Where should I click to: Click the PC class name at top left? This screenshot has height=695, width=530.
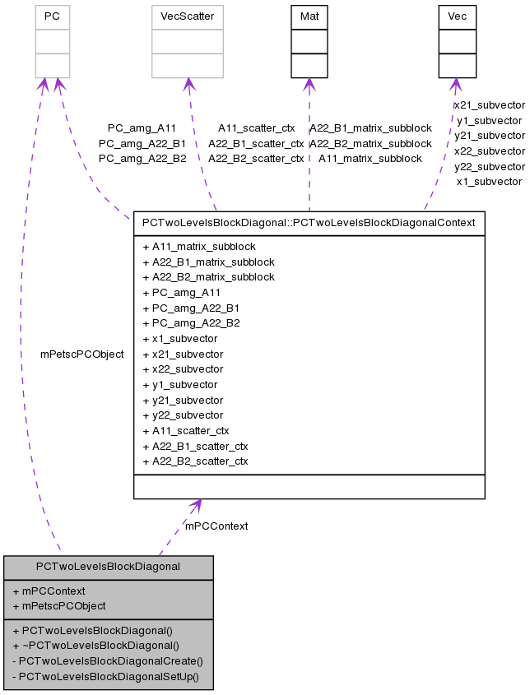tap(52, 16)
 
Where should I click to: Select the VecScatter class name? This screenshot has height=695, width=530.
tap(187, 16)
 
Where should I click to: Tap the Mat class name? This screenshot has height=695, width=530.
tap(309, 16)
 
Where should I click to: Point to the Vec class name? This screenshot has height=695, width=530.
tap(457, 16)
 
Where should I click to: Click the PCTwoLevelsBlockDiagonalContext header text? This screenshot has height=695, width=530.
tap(309, 222)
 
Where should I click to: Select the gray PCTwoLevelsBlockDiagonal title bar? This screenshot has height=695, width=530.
tap(108, 567)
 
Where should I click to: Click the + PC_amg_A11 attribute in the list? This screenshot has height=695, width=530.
tap(181, 292)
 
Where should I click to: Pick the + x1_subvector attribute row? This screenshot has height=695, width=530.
tap(179, 338)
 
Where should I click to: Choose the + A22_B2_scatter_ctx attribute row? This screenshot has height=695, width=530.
tap(195, 461)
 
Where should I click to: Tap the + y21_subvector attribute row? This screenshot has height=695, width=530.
tap(182, 400)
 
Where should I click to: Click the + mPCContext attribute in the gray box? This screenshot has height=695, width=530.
tap(49, 591)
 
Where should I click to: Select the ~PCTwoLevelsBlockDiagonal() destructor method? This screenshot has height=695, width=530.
tap(96, 646)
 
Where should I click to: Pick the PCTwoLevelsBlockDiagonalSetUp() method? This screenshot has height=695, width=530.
tap(108, 676)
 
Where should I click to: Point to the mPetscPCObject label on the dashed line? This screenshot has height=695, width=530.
tap(81, 354)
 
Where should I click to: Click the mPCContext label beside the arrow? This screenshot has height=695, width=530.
tap(216, 526)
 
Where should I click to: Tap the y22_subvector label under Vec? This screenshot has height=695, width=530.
tap(489, 166)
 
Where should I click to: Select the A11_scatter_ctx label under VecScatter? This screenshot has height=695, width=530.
tap(256, 128)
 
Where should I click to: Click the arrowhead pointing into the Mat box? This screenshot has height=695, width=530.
tap(309, 84)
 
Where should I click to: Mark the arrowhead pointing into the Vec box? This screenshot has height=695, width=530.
tap(454, 84)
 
